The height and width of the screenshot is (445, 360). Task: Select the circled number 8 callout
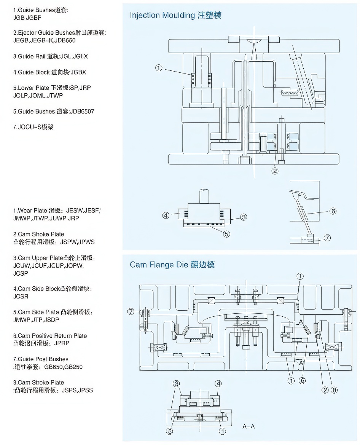coord(334,390)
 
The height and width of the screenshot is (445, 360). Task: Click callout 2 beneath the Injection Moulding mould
coord(275,171)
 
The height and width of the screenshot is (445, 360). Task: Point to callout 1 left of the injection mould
coord(159,68)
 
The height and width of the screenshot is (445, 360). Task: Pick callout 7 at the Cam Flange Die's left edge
coord(131,312)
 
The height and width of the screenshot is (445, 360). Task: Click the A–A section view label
coord(248,426)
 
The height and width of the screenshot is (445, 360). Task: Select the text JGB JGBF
coord(27,18)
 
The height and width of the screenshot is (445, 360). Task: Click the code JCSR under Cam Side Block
coord(21,296)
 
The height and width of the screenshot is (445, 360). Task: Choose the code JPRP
coord(62,343)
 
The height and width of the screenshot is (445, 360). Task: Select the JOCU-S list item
coord(33,127)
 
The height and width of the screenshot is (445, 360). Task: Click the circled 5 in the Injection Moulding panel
coord(226,234)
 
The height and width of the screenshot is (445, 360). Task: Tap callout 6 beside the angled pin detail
coord(333,211)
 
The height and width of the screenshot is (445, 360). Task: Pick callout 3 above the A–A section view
coord(176,383)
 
